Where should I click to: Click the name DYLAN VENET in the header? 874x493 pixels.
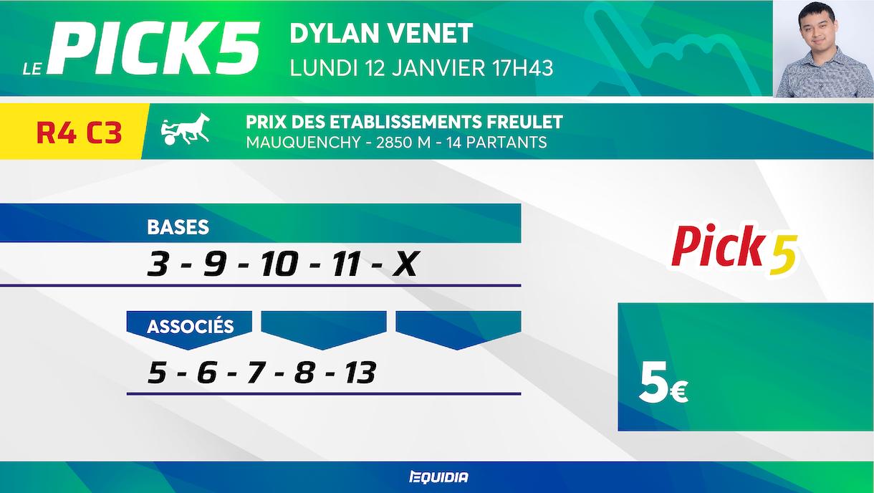pos(381,33)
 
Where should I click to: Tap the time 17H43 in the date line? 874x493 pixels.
pos(522,68)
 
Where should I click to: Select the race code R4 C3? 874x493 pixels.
pos(80,132)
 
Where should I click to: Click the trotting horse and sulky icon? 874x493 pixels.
pos(186,129)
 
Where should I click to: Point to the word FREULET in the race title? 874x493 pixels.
pos(524,122)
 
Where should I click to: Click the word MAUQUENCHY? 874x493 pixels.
pos(303,143)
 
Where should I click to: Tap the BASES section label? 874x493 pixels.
pos(178,226)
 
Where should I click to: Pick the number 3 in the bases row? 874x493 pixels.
pos(158,264)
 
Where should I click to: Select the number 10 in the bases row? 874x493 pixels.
pos(280,264)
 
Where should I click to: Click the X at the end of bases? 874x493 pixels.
pos(405,264)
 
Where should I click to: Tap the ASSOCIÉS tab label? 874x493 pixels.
pos(191,326)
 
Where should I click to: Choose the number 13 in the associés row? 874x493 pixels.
pos(360,373)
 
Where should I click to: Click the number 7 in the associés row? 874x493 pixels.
pos(256,373)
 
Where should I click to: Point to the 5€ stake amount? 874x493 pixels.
pos(663,382)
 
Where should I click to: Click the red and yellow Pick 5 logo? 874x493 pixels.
pos(734,249)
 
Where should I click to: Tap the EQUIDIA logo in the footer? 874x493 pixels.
pos(439,477)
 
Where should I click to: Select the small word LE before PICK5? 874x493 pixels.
pos(33,69)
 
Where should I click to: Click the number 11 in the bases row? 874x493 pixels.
pos(346,264)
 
